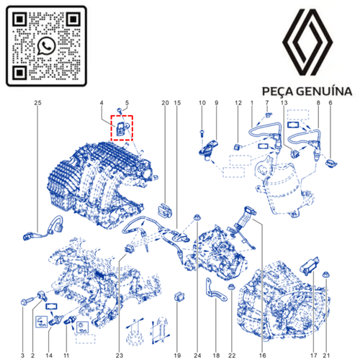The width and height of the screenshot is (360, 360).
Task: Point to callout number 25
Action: pyautogui.click(x=37, y=104)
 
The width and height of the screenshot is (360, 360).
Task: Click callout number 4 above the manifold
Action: pyautogui.click(x=102, y=104)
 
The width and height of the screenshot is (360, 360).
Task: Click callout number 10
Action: pyautogui.click(x=202, y=104)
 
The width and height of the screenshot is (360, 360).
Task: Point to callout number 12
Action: pyautogui.click(x=237, y=104)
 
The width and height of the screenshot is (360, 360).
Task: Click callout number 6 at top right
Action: pyautogui.click(x=330, y=104)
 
